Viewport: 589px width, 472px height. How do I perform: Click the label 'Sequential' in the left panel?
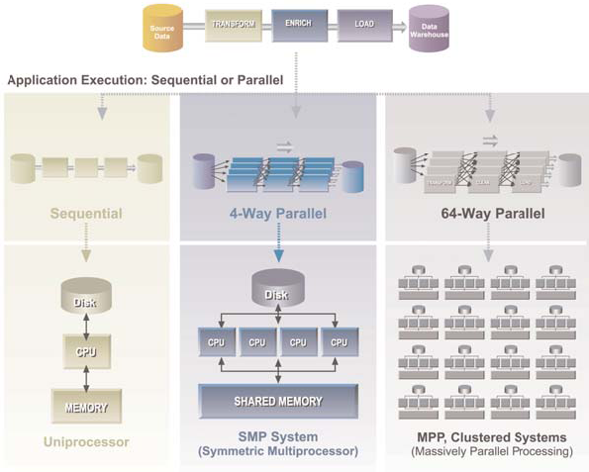pos(87,213)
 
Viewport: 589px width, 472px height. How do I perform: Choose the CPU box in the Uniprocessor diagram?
pos(85,352)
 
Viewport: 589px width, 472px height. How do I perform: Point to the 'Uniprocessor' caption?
pos(85,441)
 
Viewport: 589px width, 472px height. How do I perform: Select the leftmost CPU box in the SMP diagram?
pos(216,342)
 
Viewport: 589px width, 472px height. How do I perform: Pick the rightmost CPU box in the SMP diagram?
pos(340,342)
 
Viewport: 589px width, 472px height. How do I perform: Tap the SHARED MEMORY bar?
pos(277,401)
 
